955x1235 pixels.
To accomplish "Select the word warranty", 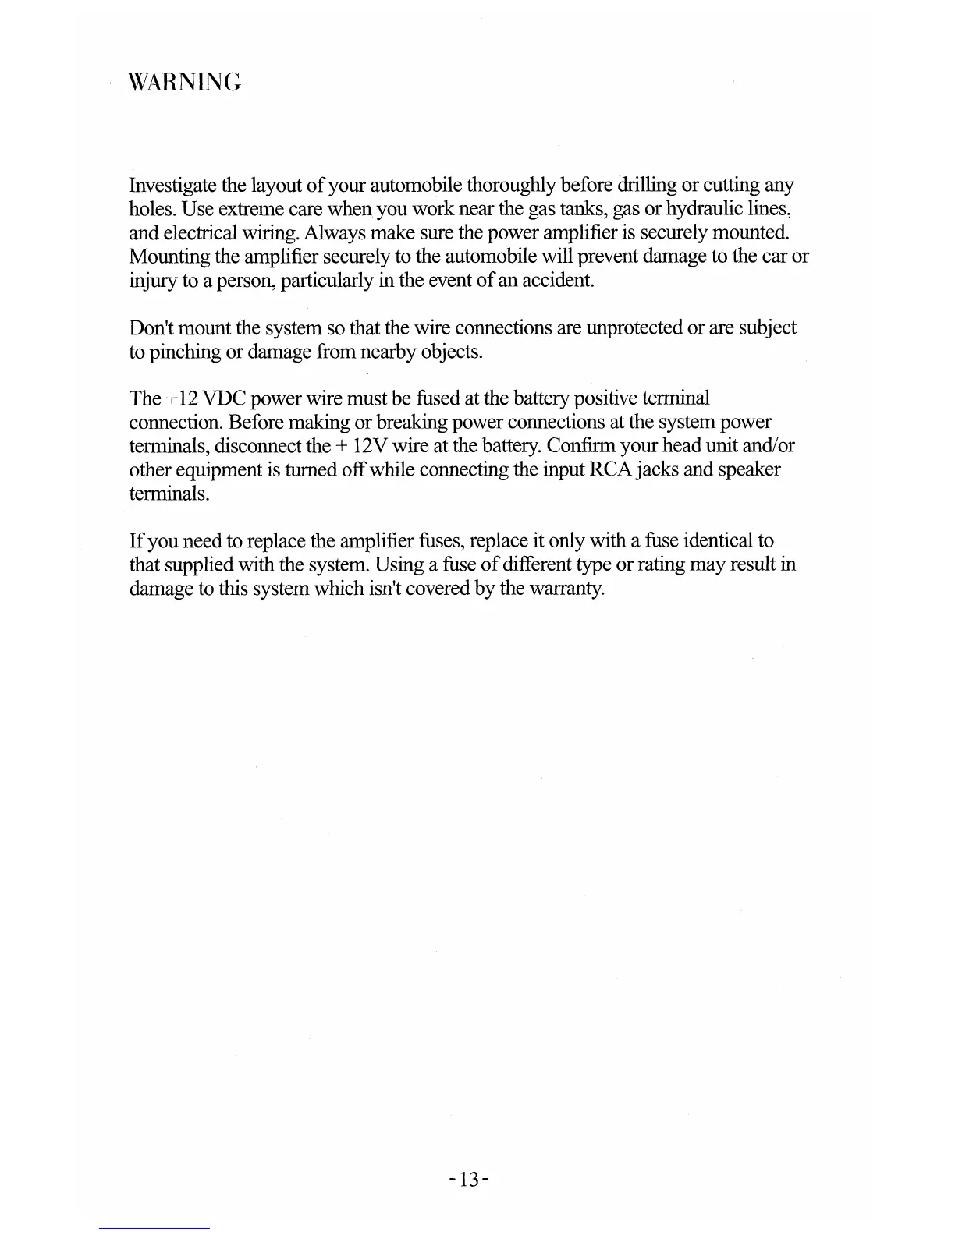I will click(x=566, y=588).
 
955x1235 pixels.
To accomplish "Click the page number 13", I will click(x=469, y=1179).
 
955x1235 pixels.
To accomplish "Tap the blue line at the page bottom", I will click(x=154, y=1228).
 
